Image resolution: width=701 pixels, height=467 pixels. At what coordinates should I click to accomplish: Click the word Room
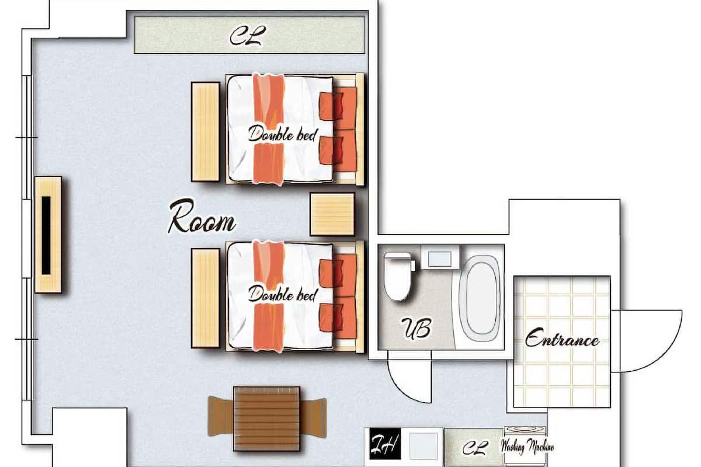(202, 217)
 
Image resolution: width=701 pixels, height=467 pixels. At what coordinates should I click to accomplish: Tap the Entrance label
(562, 337)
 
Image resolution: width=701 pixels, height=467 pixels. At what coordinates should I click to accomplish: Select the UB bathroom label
(417, 329)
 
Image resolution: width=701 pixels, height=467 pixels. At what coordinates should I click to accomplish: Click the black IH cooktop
(385, 444)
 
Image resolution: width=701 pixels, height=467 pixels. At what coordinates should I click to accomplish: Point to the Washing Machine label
(527, 446)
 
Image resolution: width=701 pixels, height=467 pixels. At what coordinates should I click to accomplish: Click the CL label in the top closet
(248, 36)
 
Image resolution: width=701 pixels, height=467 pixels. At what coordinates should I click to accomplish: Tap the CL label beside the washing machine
(476, 448)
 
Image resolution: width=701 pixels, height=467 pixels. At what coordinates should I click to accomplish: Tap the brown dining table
(266, 419)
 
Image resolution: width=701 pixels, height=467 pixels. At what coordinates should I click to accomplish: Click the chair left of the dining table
(221, 416)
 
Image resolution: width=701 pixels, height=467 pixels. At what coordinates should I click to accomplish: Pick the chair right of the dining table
(313, 418)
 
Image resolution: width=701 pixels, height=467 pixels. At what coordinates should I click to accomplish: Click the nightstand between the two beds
(332, 214)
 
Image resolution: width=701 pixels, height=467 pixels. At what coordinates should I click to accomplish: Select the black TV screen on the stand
(46, 235)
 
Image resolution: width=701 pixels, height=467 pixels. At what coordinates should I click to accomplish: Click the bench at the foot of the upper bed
(206, 132)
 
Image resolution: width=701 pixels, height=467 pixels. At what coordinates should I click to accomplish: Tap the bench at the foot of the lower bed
(206, 298)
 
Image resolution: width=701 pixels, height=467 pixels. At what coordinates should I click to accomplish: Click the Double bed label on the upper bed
(283, 134)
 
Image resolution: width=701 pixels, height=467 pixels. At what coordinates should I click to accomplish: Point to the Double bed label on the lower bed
(283, 294)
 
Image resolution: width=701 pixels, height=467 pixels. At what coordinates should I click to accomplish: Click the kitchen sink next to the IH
(423, 446)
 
